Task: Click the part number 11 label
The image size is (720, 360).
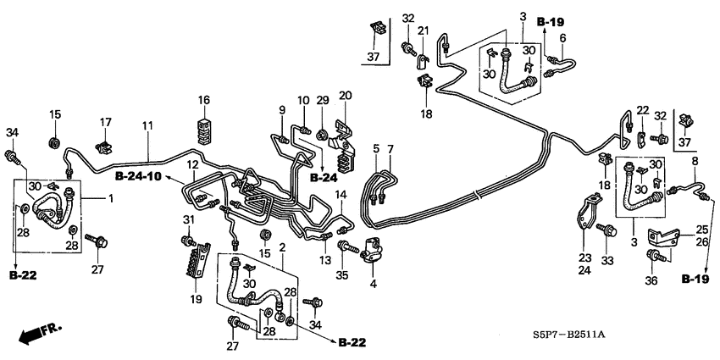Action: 147,126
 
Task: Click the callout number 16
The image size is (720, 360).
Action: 203,101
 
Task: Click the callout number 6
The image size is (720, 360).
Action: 562,37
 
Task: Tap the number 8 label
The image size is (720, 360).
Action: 695,161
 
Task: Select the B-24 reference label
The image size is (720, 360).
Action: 324,179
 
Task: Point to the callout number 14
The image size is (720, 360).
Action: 341,195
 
